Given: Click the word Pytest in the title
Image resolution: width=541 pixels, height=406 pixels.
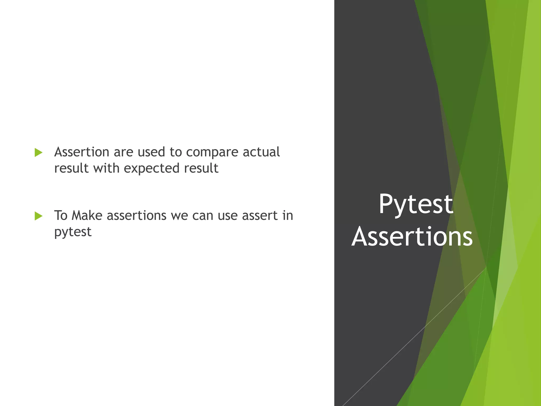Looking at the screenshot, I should (416, 205).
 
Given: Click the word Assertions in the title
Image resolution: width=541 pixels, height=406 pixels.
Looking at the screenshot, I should (412, 237).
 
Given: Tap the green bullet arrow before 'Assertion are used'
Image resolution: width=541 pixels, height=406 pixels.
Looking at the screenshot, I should (39, 153).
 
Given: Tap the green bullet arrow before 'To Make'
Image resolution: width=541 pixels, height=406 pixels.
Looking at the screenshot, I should (39, 216).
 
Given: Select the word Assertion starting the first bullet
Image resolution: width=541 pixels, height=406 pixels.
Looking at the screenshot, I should (82, 152).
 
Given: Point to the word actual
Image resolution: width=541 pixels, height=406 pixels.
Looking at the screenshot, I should (261, 152).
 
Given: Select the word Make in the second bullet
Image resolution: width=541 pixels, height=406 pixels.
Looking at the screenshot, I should (87, 215).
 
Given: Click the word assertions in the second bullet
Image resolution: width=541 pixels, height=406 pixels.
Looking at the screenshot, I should (137, 216).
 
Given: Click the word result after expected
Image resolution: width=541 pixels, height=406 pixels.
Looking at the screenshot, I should (201, 168).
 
